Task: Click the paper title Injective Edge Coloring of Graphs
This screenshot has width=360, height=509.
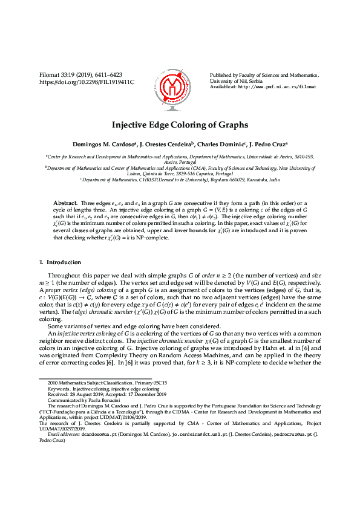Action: (x=180, y=125)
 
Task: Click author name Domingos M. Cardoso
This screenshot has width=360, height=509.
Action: (x=102, y=145)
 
